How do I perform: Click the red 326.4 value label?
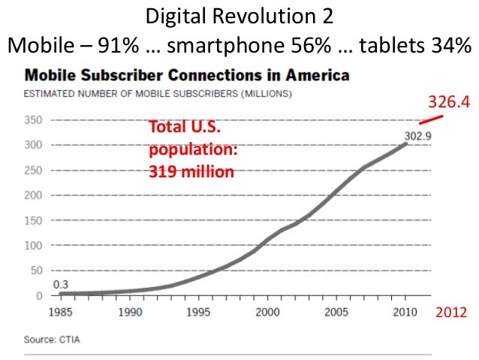click(448, 101)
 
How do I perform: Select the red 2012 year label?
click(451, 312)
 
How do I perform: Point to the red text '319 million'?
click(191, 172)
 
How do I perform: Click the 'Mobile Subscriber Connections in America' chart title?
click(187, 75)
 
